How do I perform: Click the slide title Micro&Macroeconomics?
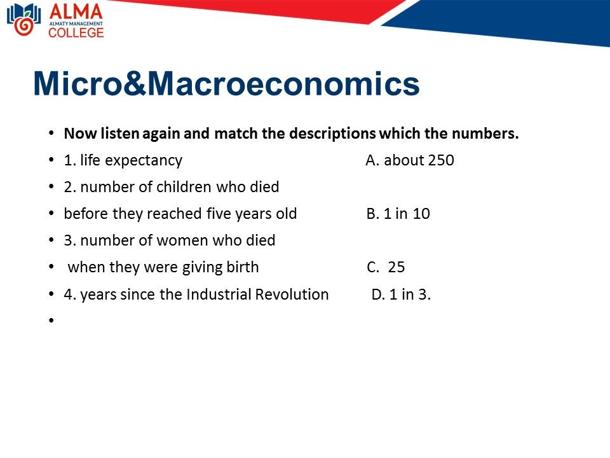click(x=226, y=83)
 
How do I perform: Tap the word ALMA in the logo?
click(x=76, y=11)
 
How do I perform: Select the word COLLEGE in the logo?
click(x=76, y=32)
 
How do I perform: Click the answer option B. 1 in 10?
click(x=398, y=214)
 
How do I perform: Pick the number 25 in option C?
click(x=396, y=267)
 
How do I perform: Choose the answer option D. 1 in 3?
click(x=401, y=294)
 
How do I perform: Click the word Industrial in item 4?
click(x=218, y=294)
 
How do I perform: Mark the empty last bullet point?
click(x=51, y=320)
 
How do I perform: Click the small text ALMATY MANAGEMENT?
click(x=76, y=24)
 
